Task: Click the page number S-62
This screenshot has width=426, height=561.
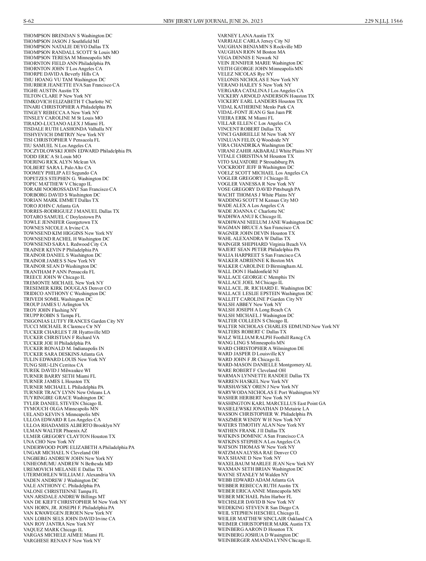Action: (x=29, y=21)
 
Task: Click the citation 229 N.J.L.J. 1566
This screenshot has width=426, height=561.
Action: (x=383, y=21)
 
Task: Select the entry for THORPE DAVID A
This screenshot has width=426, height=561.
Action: (x=61, y=74)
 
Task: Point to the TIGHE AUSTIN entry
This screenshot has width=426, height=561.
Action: (x=51, y=90)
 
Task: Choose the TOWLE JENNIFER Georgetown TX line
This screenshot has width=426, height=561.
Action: (x=60, y=222)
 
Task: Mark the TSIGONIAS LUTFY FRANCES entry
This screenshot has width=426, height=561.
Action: (x=73, y=321)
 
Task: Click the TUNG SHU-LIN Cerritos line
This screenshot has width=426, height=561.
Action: (x=53, y=365)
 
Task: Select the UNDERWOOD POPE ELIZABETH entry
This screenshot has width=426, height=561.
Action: (x=79, y=447)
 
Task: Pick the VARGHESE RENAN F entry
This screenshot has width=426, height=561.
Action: (x=62, y=540)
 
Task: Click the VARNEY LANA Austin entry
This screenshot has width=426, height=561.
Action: (x=246, y=36)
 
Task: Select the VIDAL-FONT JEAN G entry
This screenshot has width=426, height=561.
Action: (x=255, y=112)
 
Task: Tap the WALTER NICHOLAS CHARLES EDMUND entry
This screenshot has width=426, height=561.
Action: (x=278, y=326)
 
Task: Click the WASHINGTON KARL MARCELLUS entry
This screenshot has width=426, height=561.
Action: (x=272, y=403)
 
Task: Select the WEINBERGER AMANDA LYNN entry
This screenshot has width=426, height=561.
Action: (x=264, y=540)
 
